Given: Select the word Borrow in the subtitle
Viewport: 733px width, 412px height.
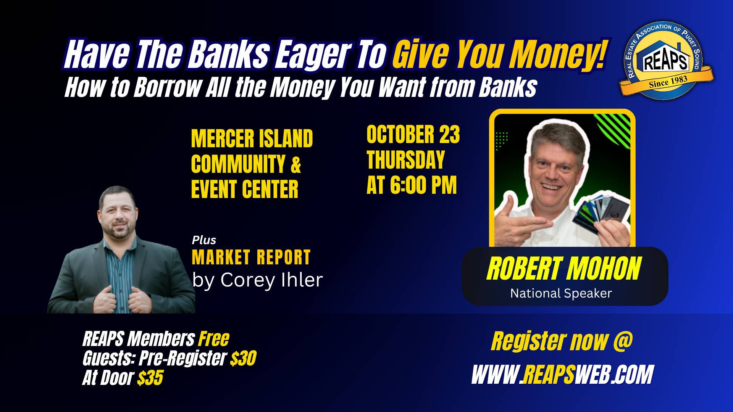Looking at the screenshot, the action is (167, 87).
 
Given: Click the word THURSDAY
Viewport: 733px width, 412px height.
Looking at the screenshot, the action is (406, 159).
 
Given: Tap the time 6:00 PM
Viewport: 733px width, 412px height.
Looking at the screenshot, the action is (423, 185).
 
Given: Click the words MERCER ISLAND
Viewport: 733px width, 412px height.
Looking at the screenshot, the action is (252, 138).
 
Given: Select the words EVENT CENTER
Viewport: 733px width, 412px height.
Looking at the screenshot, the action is (245, 189).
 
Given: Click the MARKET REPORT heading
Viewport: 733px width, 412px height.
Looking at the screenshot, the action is (251, 257).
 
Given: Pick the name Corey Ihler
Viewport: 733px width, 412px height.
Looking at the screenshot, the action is (271, 280).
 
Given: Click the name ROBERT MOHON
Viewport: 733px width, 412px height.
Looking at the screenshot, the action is (564, 269).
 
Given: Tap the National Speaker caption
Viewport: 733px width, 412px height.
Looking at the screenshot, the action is (561, 293).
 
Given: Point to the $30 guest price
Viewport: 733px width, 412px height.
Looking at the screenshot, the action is (243, 358).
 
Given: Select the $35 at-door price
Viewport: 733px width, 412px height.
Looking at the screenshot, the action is (150, 378).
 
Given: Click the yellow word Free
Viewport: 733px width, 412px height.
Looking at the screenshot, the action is (214, 339).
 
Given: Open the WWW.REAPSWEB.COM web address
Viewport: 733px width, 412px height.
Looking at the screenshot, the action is (562, 375).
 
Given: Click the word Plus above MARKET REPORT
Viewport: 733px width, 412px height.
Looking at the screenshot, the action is (204, 240).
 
